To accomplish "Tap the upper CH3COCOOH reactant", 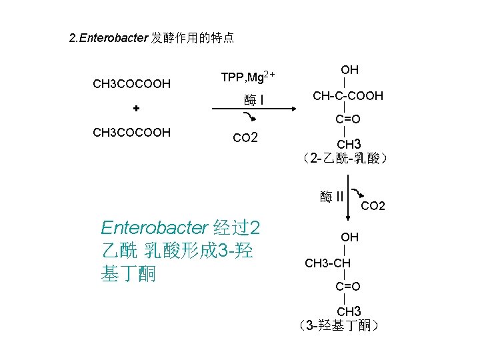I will click(x=131, y=84).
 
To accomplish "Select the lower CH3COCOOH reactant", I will click(x=131, y=133).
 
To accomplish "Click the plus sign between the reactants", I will click(x=135, y=108).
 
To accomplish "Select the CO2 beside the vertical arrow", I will click(x=373, y=206).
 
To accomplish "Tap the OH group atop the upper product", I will click(x=349, y=70).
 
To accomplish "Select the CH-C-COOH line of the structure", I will click(x=348, y=96).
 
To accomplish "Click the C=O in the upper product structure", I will click(x=348, y=119).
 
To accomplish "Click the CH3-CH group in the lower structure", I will click(x=327, y=263).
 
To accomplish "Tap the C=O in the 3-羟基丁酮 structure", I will click(x=348, y=287).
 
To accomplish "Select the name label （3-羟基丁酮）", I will click(x=339, y=326).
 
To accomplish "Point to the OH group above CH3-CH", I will click(x=349, y=237).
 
